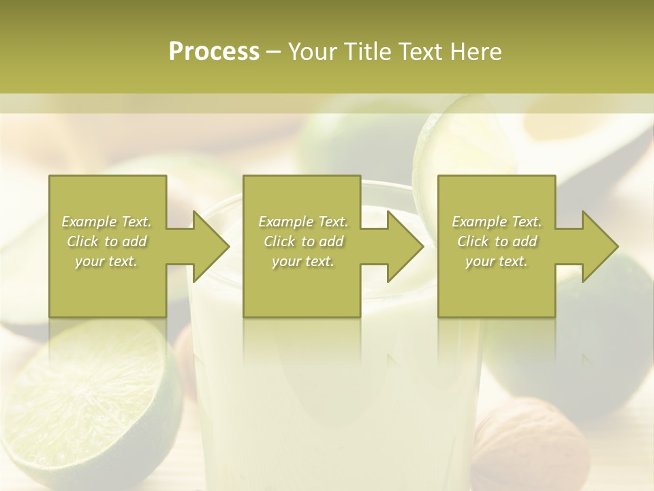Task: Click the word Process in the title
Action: (x=214, y=52)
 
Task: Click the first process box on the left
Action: (x=108, y=286)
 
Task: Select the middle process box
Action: (x=302, y=286)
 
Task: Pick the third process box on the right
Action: (x=497, y=286)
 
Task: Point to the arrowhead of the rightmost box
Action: (x=600, y=246)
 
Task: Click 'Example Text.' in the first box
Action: (x=106, y=222)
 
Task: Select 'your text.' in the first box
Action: (x=106, y=261)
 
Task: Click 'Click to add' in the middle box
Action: (x=303, y=241)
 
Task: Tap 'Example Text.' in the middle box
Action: (x=303, y=222)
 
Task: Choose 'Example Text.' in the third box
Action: (x=497, y=222)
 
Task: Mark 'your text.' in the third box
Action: (x=497, y=261)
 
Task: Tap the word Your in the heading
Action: (x=313, y=52)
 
